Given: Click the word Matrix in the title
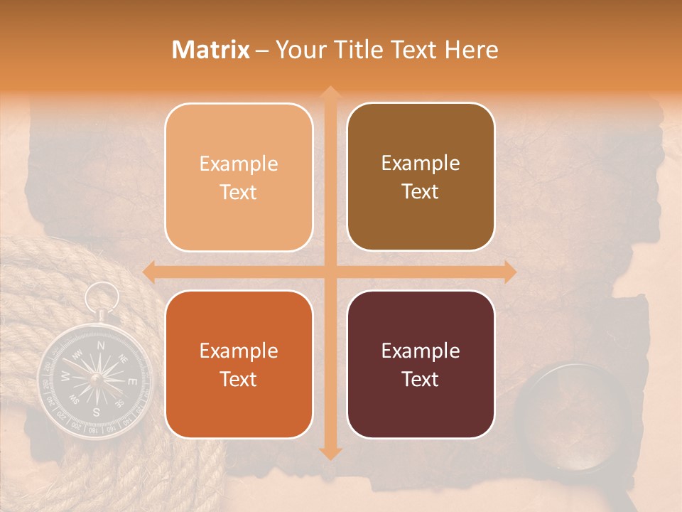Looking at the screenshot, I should (211, 50).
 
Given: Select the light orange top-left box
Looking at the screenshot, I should (239, 177).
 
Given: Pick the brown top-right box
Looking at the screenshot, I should (421, 177).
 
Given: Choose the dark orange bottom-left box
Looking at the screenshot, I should (239, 364).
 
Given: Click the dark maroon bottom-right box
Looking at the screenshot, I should (421, 364).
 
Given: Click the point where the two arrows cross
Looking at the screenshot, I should (330, 272).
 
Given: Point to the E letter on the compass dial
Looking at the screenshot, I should (131, 382).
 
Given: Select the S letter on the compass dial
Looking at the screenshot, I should (96, 411).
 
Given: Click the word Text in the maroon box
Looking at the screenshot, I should (421, 379).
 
